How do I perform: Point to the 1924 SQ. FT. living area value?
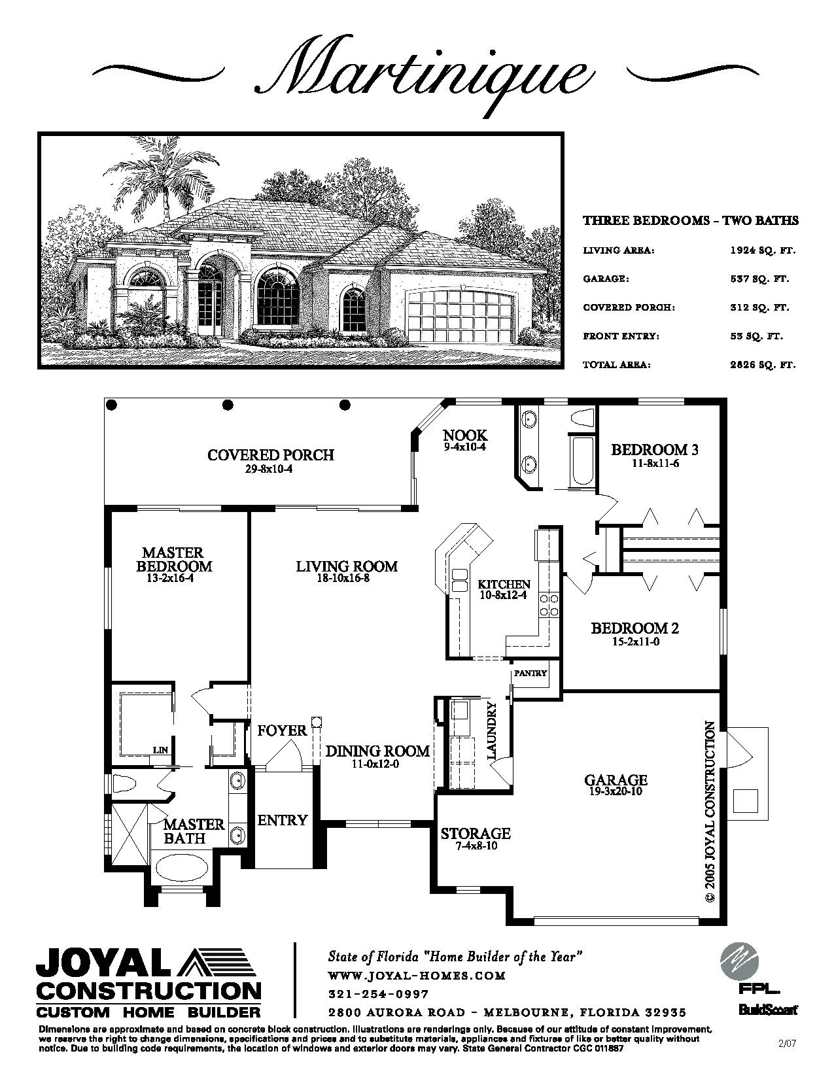tap(763, 250)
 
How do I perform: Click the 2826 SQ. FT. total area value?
tap(763, 365)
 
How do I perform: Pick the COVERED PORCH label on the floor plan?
tap(271, 455)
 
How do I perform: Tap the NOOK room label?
tap(465, 436)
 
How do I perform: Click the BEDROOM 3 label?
tap(654, 450)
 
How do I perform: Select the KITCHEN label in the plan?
tap(504, 585)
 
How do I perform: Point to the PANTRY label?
tap(530, 673)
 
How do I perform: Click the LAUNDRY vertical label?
tap(491, 730)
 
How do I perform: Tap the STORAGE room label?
tap(476, 832)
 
